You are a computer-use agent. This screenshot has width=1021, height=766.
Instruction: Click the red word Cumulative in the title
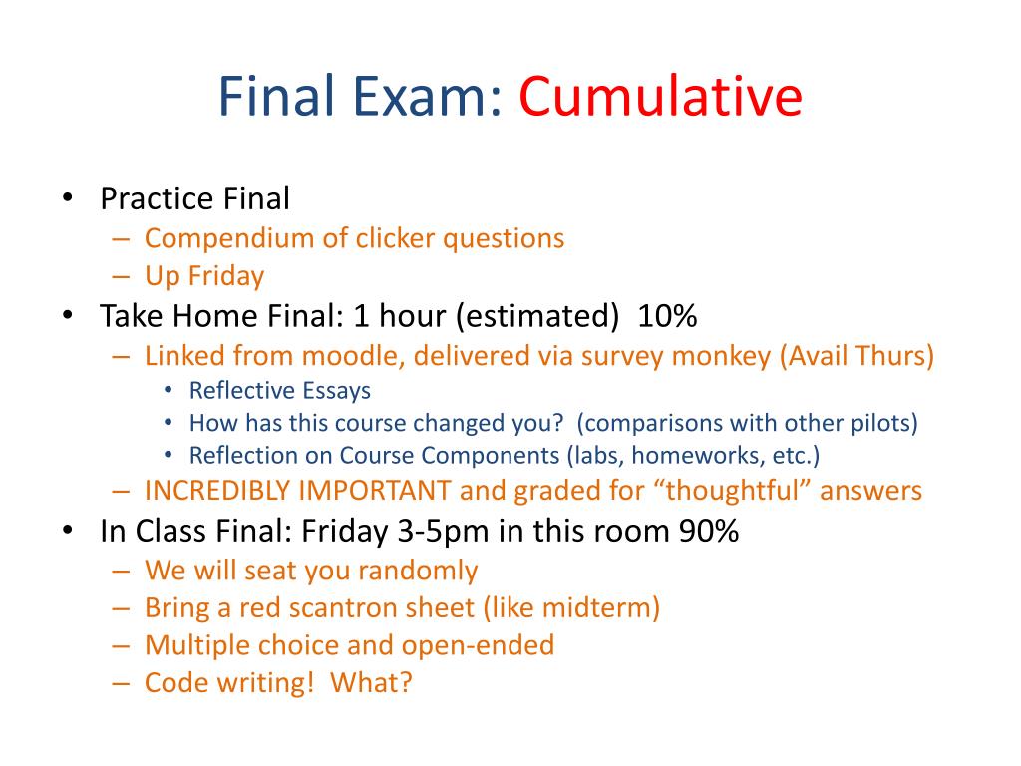tap(660, 97)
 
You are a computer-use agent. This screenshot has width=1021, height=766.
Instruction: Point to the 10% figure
tap(667, 316)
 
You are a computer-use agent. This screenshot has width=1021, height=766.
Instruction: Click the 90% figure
tap(709, 531)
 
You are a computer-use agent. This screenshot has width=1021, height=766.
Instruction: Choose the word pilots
tap(884, 423)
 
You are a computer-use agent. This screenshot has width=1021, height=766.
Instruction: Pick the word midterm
tap(597, 608)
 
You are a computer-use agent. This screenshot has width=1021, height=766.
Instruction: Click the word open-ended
tap(478, 646)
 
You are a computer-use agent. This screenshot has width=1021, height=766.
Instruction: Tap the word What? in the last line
tap(371, 683)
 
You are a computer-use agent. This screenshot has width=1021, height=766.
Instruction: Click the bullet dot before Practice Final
tap(67, 198)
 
